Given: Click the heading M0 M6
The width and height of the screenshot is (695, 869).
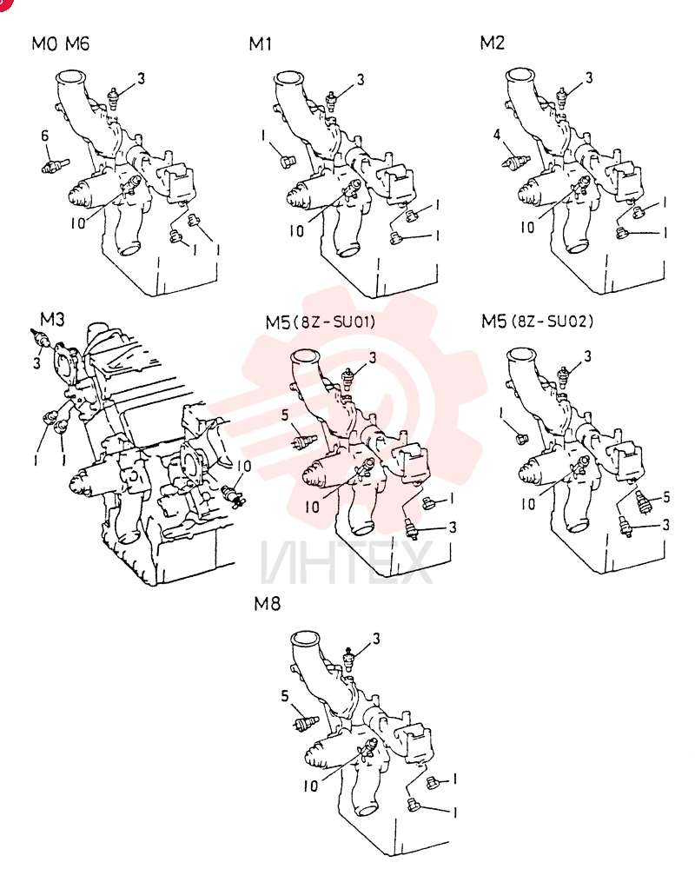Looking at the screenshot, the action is coord(61,43).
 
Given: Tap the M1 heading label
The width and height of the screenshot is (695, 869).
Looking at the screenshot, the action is coord(261,43).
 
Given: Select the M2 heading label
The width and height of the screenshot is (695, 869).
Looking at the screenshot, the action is coord(493,43).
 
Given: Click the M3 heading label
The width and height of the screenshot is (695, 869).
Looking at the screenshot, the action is coord(52,319).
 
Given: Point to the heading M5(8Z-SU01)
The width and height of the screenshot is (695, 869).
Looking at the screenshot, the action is coord(321,322).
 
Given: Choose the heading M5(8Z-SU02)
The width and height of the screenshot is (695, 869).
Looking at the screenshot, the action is coord(537,321).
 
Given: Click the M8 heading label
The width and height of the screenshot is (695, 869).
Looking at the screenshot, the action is coord(267,604).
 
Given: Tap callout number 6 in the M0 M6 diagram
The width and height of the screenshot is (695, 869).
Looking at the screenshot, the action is coord(45,136).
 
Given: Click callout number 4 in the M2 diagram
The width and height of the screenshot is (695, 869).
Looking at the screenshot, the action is coord(497,134).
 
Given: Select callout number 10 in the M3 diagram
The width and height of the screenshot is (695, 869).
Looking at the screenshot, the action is coord(244,466).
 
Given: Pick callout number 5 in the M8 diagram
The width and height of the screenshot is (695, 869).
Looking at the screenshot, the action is coord(285,695).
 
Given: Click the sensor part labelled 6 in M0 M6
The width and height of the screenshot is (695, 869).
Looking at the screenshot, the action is coord(55,165).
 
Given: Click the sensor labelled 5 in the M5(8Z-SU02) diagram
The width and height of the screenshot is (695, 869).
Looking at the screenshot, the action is coord(642,501).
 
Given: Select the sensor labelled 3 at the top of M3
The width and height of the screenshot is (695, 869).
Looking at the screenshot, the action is coord(40,337).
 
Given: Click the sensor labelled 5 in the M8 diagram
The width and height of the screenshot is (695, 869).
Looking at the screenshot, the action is coord(306,722).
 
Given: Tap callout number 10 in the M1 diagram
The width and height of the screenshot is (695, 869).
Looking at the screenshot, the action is coord(297,230).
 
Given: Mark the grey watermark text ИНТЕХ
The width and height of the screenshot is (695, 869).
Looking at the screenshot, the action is coord(346,562).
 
